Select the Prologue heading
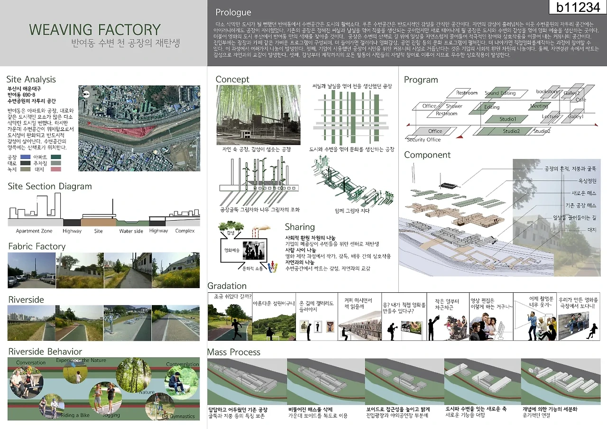coord(233,12)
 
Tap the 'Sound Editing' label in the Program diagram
coord(500,93)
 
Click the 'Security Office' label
coord(423,140)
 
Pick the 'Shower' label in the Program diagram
coord(454,106)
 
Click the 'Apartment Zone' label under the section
coord(34,231)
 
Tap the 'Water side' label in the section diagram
coord(131,231)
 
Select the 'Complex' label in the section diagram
coord(184,231)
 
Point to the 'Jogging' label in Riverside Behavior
coord(111,415)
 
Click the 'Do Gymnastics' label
coord(178,416)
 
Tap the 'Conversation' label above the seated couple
coord(31,363)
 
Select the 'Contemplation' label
coord(183,364)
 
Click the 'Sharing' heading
coord(300,227)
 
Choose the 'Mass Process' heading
coord(234,352)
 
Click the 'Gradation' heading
coord(227,286)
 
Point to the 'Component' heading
coord(427,155)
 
